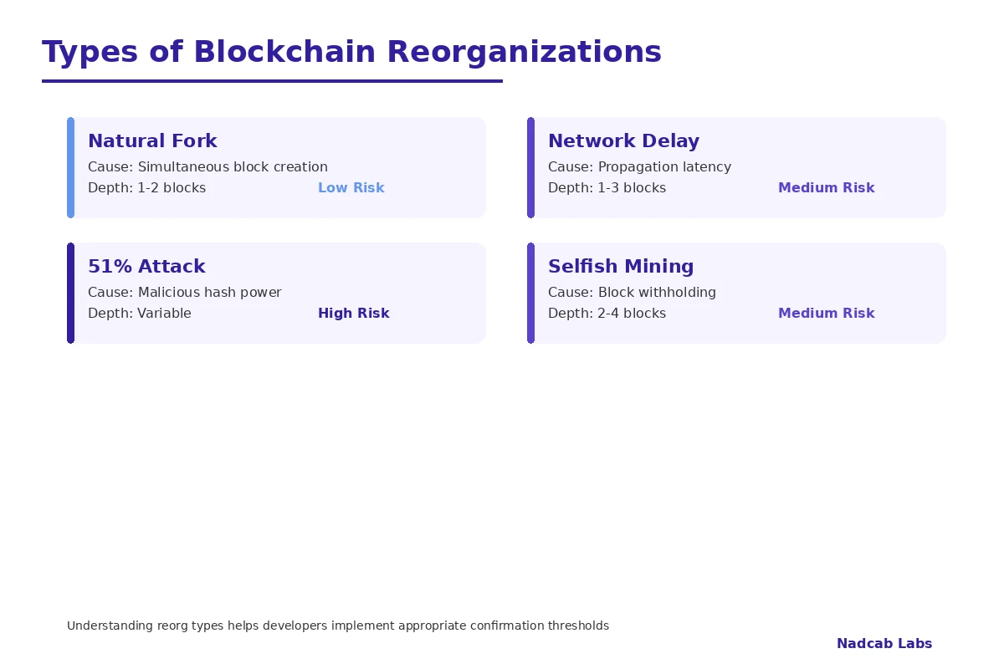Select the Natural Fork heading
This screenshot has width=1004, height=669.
pos(152,141)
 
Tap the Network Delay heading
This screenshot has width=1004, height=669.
pos(623,141)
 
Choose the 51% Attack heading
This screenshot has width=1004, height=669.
pos(146,267)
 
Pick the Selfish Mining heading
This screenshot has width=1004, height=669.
pos(621,267)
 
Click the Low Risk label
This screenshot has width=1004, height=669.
pos(351,188)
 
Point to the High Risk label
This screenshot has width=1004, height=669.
pos(353,314)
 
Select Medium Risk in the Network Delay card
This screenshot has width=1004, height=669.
pos(826,188)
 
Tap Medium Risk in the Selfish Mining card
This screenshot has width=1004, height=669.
pos(826,314)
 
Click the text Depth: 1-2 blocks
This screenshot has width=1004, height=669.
pos(146,188)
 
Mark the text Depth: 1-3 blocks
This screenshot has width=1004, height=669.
pos(607,188)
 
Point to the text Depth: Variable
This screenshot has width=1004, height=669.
pos(140,314)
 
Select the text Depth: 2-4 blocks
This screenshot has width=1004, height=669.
pos(607,314)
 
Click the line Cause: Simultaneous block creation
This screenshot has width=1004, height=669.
pos(207,167)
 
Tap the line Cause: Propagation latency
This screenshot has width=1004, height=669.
pos(639,167)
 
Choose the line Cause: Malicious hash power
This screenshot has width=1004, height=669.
pos(184,293)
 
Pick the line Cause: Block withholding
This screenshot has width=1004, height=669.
pos(632,293)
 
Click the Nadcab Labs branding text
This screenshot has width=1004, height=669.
pos(884,644)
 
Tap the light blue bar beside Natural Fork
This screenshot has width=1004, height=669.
pos(71,167)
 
